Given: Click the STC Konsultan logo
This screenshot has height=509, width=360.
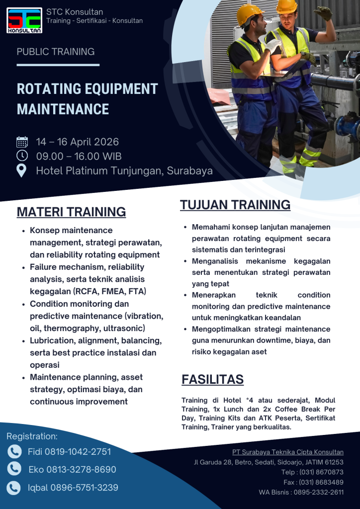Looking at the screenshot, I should pos(24,20).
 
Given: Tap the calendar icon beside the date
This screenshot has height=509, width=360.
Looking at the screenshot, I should pos(22,142).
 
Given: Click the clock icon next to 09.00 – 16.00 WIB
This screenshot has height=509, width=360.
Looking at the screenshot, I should pos(22,156).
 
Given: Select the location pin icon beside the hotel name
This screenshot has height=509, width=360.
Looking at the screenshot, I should pos(22,170).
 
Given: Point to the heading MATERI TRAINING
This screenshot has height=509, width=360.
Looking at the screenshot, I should pos(71,212).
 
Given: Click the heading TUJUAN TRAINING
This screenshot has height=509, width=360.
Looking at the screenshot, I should pos(235,205).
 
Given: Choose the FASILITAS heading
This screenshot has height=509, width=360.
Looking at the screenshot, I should pos(212,380).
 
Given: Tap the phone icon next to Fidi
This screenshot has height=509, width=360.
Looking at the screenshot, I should pos(14,451).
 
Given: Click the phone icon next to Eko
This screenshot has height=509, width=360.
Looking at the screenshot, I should pos(14,469).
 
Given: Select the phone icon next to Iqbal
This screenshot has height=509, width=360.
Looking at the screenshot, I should pos(14,488).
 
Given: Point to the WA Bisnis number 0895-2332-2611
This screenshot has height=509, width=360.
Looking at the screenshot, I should pos(319,492).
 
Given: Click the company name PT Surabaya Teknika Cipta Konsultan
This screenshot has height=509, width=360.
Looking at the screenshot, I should pos(287,452).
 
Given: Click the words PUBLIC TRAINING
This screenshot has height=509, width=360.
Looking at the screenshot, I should pos(56,52).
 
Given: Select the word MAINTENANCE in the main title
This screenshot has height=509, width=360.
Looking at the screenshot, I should pos(63,109).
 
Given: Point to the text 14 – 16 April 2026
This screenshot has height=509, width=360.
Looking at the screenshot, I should pos(78,142).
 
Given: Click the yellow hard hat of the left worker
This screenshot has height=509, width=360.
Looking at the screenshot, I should pos(249,13).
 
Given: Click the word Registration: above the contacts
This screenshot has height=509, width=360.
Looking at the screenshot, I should pos(32,436).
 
